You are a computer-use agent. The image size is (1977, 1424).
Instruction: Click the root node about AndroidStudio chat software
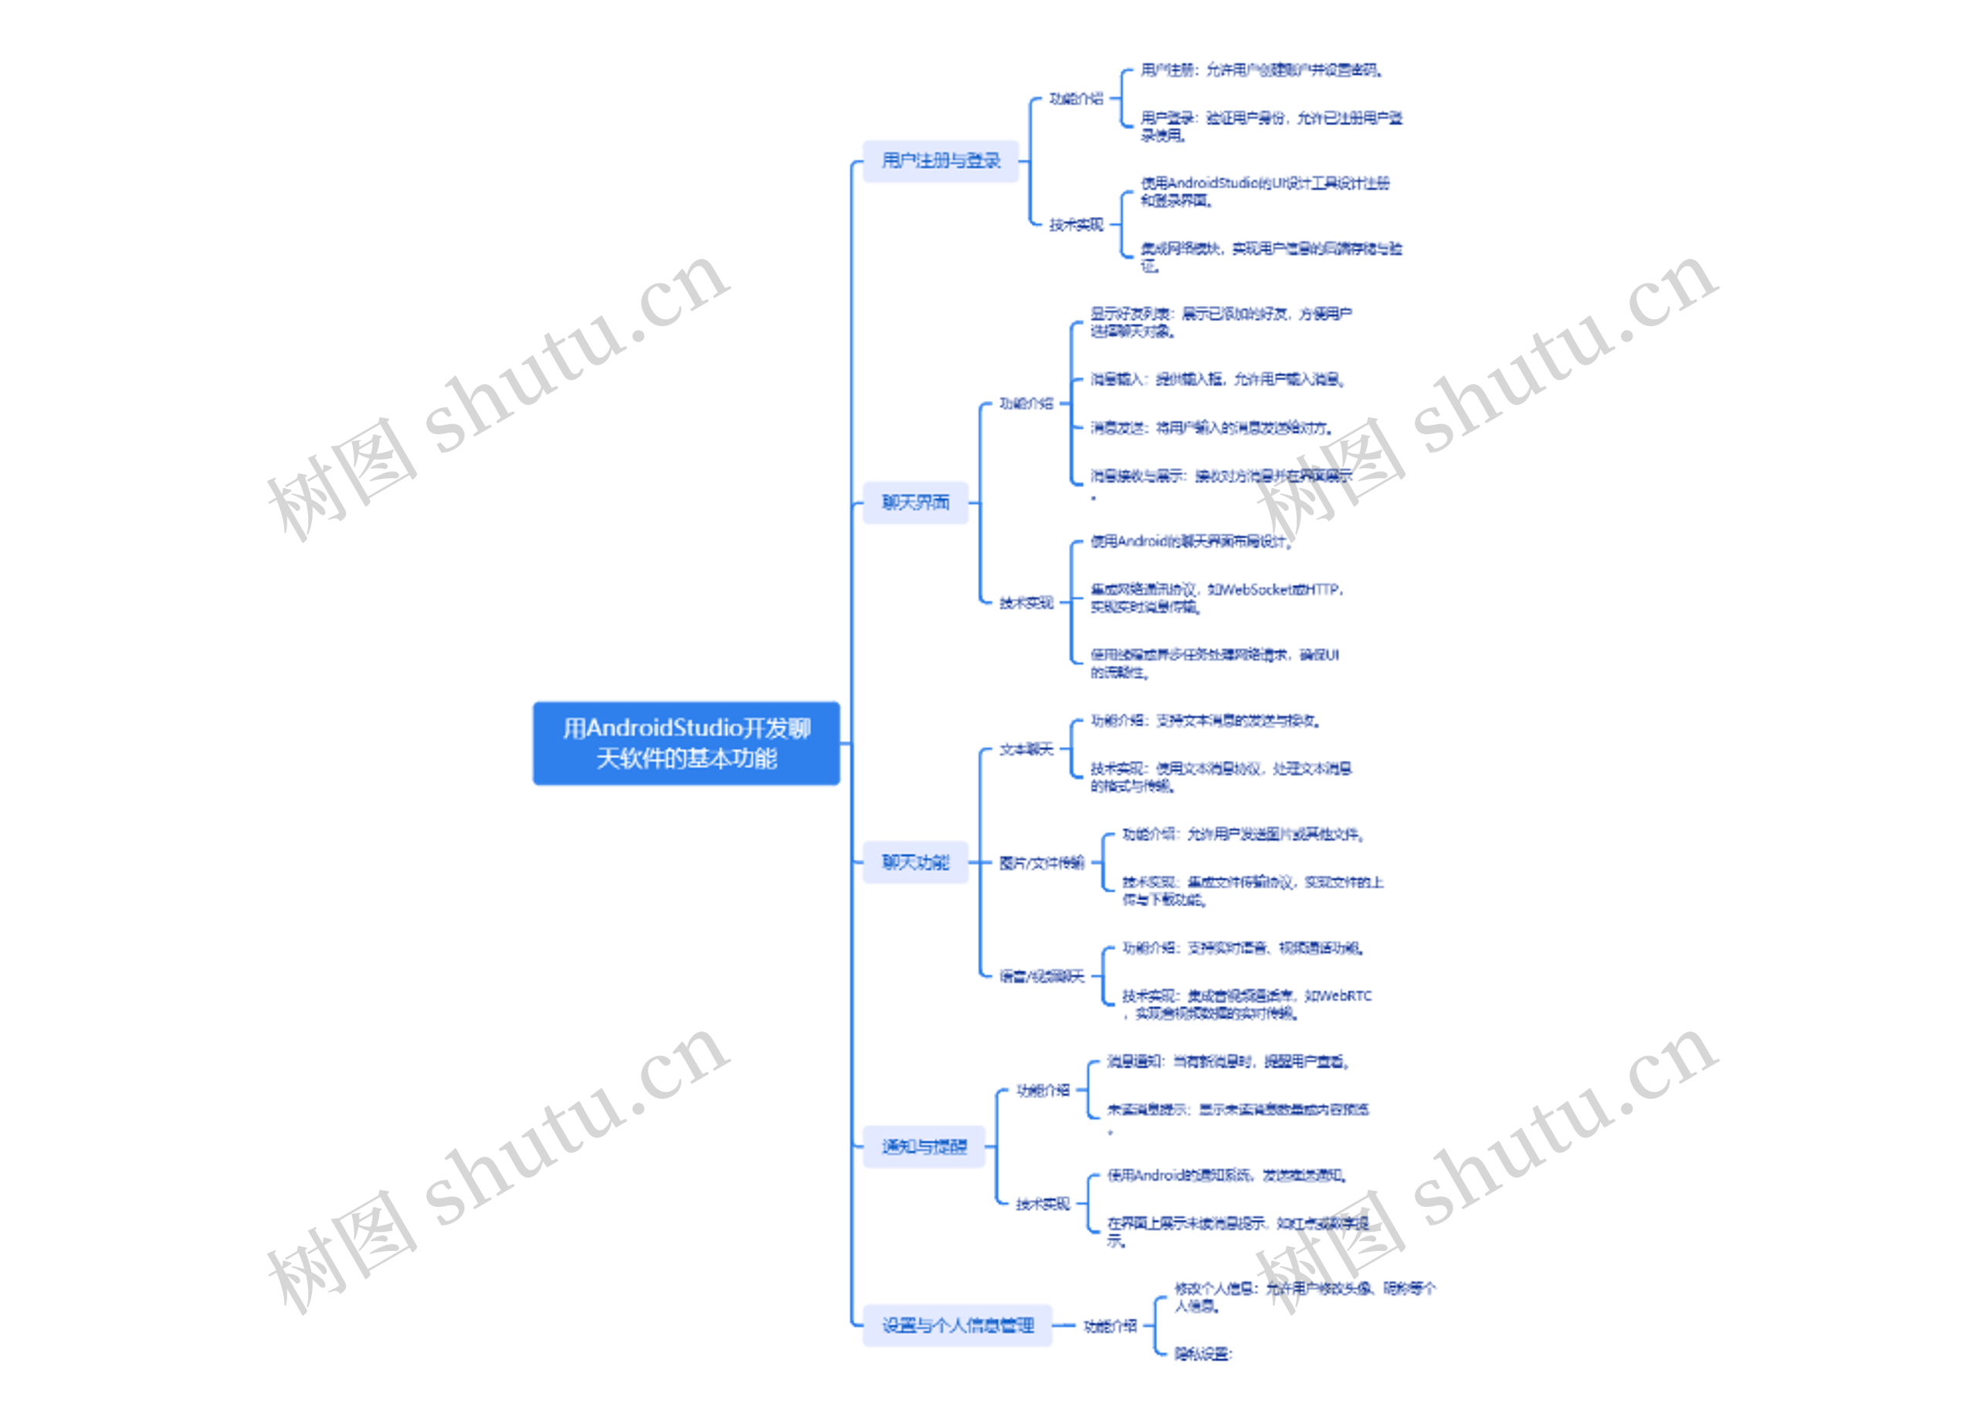[x=686, y=743]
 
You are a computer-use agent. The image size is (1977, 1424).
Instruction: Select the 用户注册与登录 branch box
[x=940, y=161]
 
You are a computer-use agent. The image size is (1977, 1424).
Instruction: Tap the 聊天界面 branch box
[x=915, y=502]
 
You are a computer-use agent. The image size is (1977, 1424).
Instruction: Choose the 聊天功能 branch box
[x=915, y=862]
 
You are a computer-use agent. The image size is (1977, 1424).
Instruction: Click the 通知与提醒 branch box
[x=924, y=1147]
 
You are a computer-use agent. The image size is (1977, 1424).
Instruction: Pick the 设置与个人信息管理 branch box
[x=957, y=1325]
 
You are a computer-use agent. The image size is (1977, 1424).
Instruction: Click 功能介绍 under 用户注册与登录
[x=1076, y=99]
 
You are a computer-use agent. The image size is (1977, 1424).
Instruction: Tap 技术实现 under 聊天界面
[x=1026, y=603]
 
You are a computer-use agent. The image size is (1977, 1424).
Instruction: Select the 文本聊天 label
[x=1026, y=749]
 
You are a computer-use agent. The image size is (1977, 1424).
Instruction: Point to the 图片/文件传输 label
[x=1042, y=862]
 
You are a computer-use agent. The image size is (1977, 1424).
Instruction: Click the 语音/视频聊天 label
[x=1042, y=976]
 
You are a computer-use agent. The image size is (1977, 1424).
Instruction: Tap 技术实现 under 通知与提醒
[x=1043, y=1205]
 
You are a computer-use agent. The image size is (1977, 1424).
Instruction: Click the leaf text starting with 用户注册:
[x=1260, y=70]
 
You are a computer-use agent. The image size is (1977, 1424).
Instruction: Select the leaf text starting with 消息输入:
[x=1217, y=379]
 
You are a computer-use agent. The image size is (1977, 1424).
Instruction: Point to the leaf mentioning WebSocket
[x=1216, y=598]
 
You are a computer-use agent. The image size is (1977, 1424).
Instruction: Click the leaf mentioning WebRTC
[x=1246, y=1004]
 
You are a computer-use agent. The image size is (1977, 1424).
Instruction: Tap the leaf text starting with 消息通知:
[x=1228, y=1062]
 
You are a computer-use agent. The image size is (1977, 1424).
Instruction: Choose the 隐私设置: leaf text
[x=1203, y=1354]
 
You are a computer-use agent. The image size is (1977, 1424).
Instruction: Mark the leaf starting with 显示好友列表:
[x=1220, y=321]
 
